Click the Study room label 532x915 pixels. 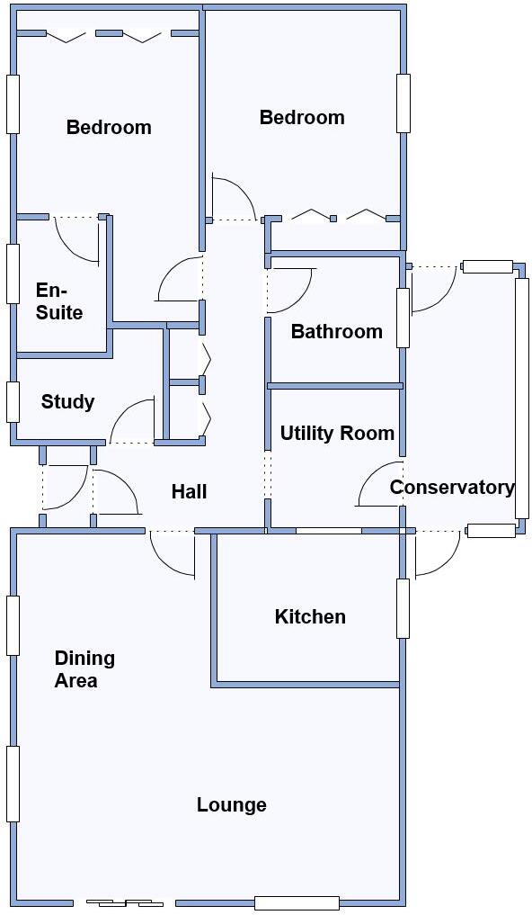coord(67,402)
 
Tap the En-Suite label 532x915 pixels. coord(59,301)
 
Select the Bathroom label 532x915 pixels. coord(336,332)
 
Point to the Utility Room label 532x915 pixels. coord(337,434)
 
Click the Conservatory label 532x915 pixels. coord(452,488)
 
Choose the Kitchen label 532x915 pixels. coord(310,617)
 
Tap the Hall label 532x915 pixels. coord(189,491)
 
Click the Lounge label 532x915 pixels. coord(232,805)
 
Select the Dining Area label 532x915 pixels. coord(84,669)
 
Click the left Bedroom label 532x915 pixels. coord(109,128)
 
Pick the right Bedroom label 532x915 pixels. coord(302,118)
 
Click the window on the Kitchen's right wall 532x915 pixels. coord(403,608)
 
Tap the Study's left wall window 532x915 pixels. coord(13,401)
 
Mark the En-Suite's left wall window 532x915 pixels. coord(13,273)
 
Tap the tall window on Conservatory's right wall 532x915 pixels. coord(521,398)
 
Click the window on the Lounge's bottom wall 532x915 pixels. coord(297,902)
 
